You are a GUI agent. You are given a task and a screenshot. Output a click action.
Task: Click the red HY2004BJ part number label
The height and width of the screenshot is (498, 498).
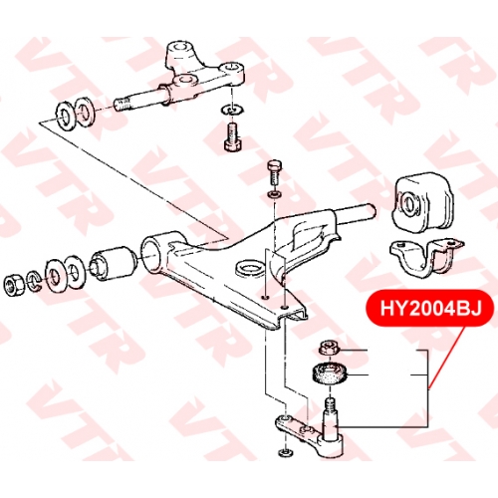(x=430, y=308)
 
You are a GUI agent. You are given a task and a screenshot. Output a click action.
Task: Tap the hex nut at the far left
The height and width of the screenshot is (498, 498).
(x=14, y=285)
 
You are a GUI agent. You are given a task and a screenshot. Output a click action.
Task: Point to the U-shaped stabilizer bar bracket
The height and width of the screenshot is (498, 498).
(x=426, y=256)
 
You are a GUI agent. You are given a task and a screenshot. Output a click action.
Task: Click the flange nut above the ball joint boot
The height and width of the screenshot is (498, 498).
(x=329, y=349)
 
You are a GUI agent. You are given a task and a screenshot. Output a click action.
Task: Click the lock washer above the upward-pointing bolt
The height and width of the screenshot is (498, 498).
(x=233, y=110)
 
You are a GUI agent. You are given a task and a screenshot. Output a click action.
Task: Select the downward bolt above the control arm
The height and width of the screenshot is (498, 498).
(x=274, y=172)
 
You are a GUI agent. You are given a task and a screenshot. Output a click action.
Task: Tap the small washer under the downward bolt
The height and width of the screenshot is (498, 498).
(x=275, y=194)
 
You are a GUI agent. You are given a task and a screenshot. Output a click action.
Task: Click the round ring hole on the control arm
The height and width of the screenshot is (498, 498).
(x=249, y=267)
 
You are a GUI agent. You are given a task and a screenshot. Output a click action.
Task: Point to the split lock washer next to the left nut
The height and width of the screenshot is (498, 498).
(x=33, y=281)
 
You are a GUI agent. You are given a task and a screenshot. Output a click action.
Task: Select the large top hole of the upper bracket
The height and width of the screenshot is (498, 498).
(x=179, y=46)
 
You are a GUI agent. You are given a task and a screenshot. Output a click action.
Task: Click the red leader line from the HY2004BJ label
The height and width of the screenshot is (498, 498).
(x=445, y=357)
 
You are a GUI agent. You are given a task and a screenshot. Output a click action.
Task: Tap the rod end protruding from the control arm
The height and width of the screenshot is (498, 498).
(x=357, y=212)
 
